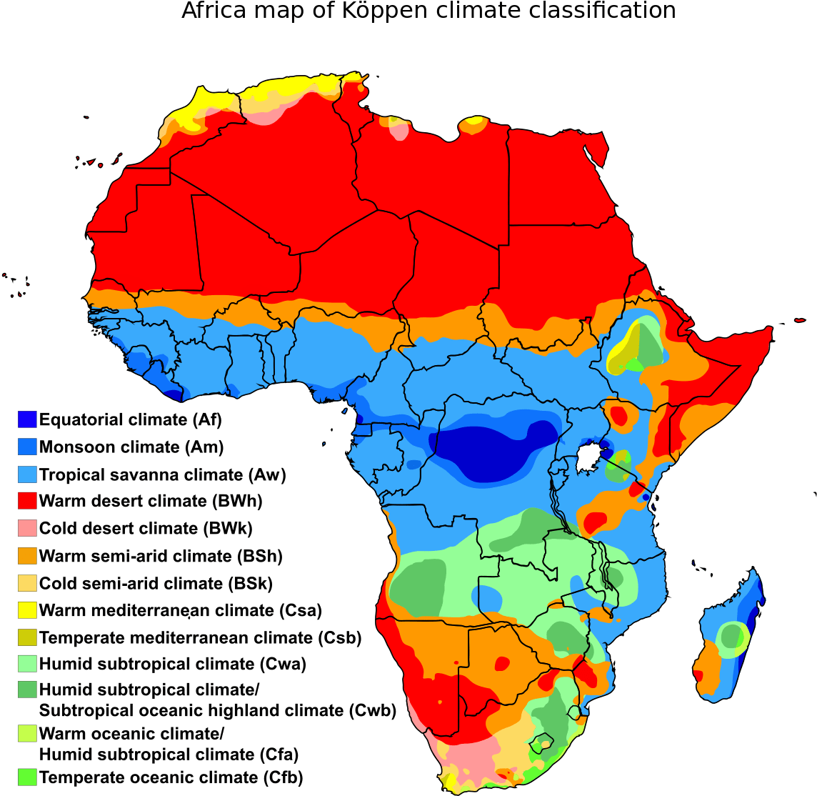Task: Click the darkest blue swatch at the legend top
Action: [x=27, y=419]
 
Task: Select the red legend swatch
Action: [x=27, y=500]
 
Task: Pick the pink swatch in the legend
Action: [x=27, y=528]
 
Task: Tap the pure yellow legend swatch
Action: [x=27, y=610]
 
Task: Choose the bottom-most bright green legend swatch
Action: [x=27, y=777]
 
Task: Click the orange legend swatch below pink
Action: [x=27, y=555]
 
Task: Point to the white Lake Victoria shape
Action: [x=588, y=457]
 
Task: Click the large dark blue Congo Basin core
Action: [x=493, y=450]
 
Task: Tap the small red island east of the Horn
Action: [x=799, y=320]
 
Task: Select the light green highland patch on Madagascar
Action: [x=733, y=637]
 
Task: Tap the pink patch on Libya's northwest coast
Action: [x=400, y=131]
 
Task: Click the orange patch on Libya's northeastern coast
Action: [x=473, y=126]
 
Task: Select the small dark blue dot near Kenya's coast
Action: [x=646, y=497]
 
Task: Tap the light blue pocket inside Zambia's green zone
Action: [x=487, y=597]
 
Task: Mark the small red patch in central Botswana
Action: [x=502, y=664]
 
